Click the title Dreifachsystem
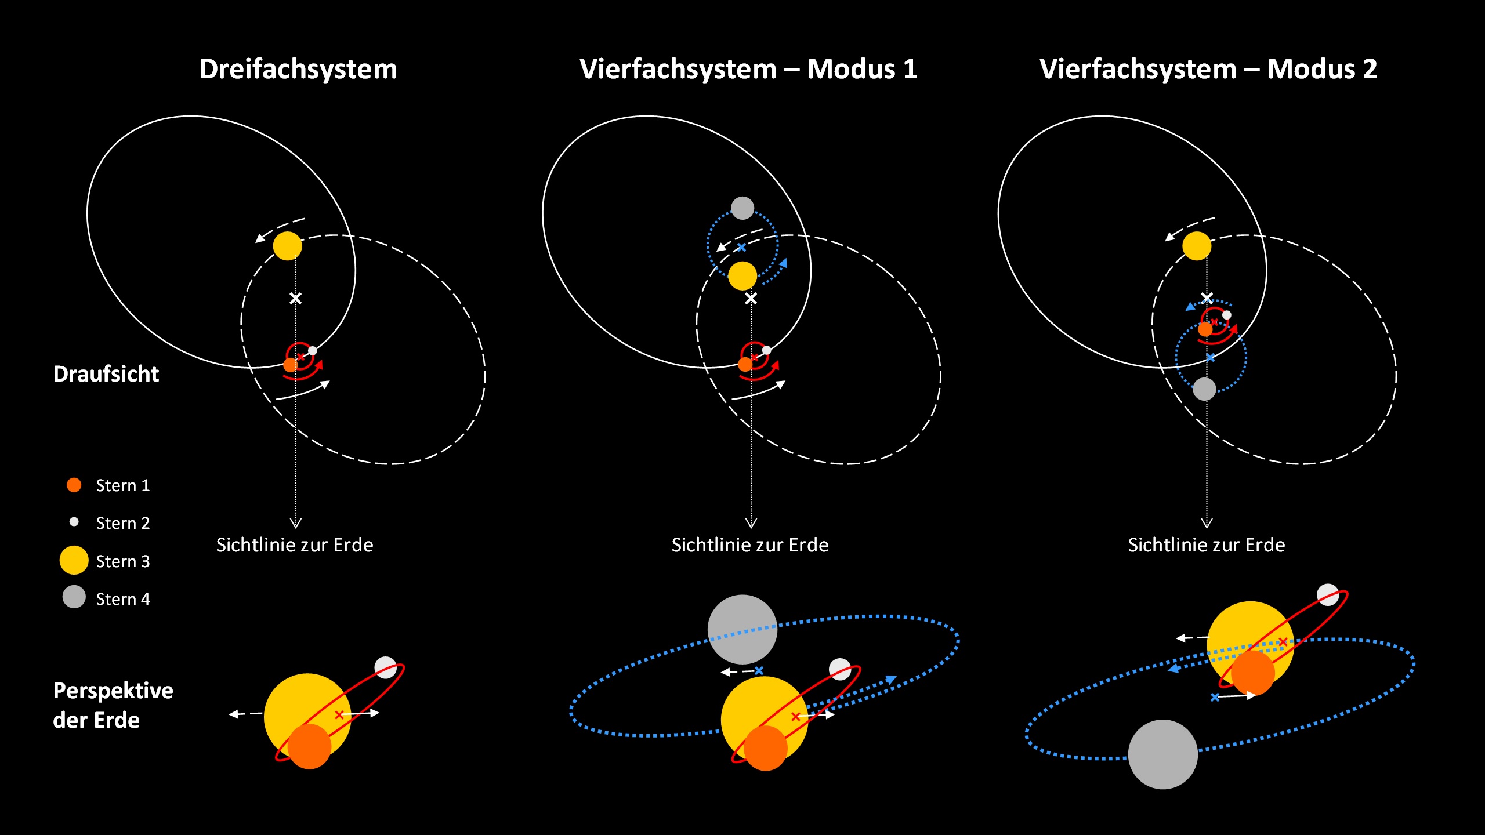tap(298, 70)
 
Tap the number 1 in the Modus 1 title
tap(910, 70)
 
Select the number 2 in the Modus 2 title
tap(1370, 70)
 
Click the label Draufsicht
tap(106, 374)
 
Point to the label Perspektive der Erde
tap(113, 705)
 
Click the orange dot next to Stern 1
tap(74, 485)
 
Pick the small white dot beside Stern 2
tap(74, 522)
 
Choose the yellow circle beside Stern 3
tap(74, 560)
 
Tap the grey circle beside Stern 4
tap(74, 597)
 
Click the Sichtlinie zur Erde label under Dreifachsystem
tap(295, 545)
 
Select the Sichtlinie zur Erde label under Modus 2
tap(1207, 545)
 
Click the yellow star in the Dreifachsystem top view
tap(288, 246)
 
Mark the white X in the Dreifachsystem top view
tap(296, 299)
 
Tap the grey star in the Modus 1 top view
tap(742, 208)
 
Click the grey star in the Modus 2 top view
tap(1204, 389)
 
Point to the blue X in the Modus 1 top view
tap(741, 248)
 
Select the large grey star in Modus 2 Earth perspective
tap(1163, 754)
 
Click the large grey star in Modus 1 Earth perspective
tap(742, 629)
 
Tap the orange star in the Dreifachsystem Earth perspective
tap(309, 746)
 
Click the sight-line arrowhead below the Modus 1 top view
tap(751, 523)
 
